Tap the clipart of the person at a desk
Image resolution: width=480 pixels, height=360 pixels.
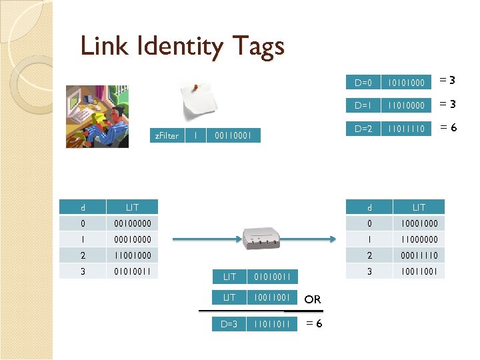tap(97, 116)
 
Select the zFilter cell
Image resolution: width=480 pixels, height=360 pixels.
tap(166, 135)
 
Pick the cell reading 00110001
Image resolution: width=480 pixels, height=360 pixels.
tap(233, 135)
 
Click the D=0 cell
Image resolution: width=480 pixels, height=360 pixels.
tap(363, 83)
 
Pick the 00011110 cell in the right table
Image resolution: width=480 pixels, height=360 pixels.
tap(419, 255)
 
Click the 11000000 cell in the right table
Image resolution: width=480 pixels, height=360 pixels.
tap(419, 239)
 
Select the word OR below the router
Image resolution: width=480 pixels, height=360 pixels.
tap(313, 299)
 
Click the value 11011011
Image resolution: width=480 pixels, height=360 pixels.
tap(273, 324)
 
